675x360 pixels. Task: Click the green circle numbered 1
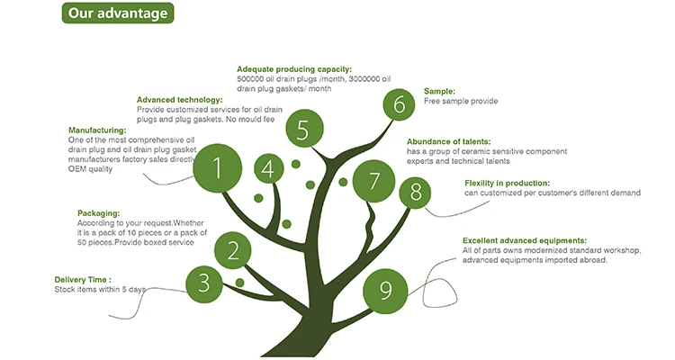(x=217, y=166)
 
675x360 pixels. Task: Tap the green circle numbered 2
(x=232, y=250)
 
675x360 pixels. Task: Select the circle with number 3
(x=204, y=283)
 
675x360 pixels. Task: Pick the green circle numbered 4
(x=268, y=167)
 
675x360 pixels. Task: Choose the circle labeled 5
(x=303, y=130)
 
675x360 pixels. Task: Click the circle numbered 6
(x=399, y=104)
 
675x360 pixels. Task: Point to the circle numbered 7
(x=373, y=181)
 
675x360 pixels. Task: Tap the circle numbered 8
(x=415, y=192)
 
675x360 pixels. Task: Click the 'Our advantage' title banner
(x=117, y=13)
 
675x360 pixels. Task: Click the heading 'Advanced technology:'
(x=179, y=100)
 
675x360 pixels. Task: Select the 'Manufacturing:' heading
(x=96, y=130)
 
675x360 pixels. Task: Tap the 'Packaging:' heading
(x=99, y=212)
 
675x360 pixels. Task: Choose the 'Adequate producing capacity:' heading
(x=294, y=69)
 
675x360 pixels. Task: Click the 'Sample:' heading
(x=439, y=91)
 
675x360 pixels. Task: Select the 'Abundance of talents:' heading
(x=451, y=141)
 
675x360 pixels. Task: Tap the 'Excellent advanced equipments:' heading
(x=525, y=240)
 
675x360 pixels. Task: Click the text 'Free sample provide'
(x=461, y=102)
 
